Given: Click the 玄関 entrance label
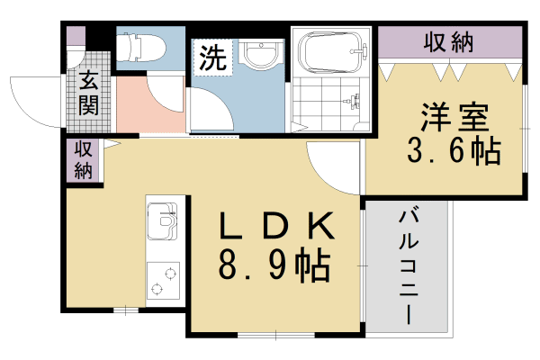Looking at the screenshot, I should coord(88,93).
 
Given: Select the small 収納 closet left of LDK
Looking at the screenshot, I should coord(83,159).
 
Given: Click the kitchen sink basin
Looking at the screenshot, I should coord(162,221).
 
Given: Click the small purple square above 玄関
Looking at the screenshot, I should coord(76,37).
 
